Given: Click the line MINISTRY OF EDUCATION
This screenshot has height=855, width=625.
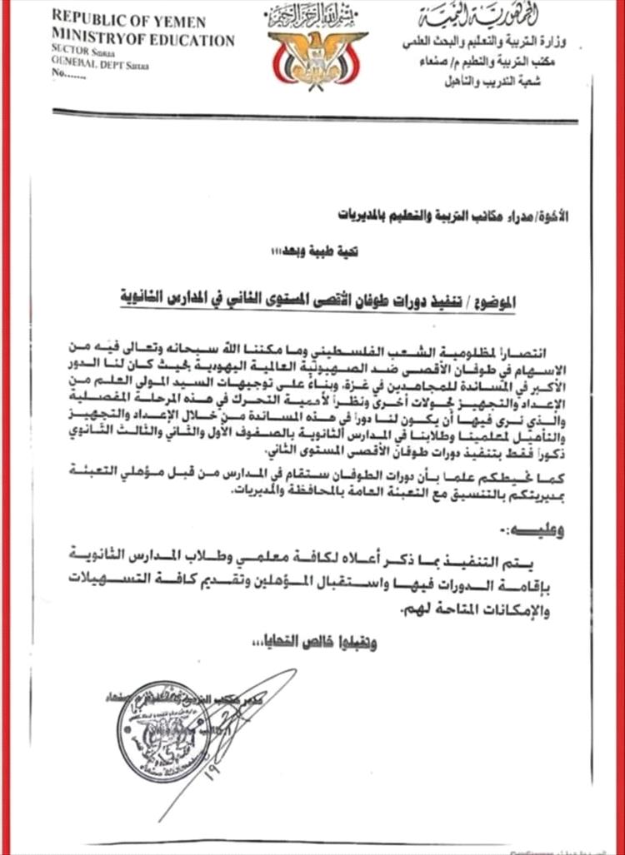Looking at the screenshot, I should [142, 39].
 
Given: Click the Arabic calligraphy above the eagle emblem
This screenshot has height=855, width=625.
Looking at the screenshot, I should [317, 14].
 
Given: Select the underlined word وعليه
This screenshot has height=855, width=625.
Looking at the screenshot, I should [541, 529].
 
